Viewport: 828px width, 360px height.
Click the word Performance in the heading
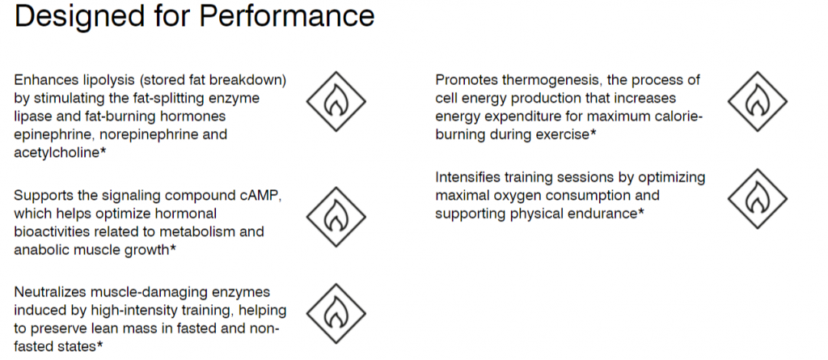(x=287, y=16)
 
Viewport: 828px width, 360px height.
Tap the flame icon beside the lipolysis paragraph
(x=336, y=101)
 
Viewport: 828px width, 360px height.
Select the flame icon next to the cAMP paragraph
(x=336, y=217)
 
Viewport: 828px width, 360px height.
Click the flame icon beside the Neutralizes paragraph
(x=336, y=313)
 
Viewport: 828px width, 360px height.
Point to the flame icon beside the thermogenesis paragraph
(x=757, y=101)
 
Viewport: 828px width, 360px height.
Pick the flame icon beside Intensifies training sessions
(x=757, y=199)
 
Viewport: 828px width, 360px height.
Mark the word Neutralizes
(x=50, y=292)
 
